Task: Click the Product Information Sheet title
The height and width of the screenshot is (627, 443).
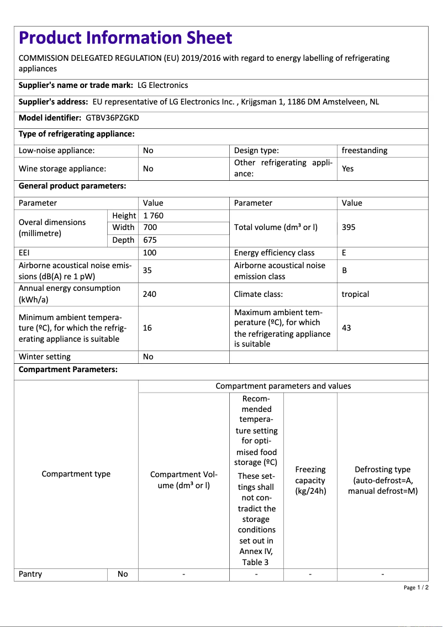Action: (125, 38)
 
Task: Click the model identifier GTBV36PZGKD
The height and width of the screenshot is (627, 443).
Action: (113, 118)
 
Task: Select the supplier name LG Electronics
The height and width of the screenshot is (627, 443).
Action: (162, 85)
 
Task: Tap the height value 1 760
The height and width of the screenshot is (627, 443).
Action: (153, 216)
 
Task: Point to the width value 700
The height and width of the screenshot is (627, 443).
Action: (150, 227)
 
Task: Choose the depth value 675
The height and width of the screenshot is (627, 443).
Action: (150, 240)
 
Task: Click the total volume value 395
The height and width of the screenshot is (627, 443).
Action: (349, 227)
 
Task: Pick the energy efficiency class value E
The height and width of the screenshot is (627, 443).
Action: (344, 253)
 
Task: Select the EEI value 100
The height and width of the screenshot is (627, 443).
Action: (150, 253)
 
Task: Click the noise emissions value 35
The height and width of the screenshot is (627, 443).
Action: (147, 270)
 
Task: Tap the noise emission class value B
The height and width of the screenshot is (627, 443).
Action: (344, 270)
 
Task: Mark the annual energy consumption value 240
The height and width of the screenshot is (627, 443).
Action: (150, 294)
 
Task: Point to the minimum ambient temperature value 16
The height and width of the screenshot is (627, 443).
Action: (147, 328)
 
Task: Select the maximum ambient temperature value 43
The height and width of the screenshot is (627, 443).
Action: (346, 328)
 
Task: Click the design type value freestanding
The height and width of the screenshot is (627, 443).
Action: (365, 150)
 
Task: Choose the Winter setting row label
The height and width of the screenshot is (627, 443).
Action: (45, 357)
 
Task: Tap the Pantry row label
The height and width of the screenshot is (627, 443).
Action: (30, 574)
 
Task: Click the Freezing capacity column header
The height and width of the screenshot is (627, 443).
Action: (310, 480)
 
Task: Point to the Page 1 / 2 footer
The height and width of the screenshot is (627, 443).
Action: (416, 587)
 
